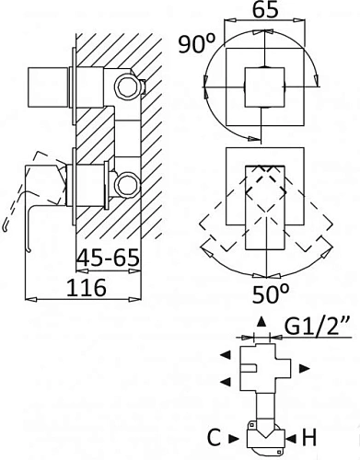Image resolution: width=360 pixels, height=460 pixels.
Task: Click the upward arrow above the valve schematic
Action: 261,321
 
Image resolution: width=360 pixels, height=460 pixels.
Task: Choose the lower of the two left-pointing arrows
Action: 224,380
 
